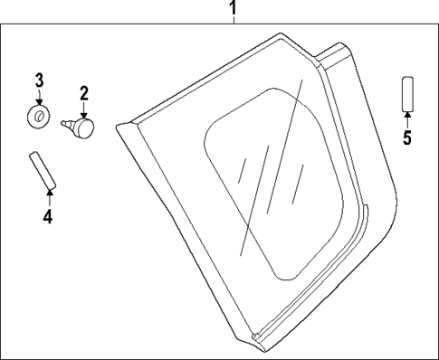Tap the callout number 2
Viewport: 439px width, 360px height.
(x=83, y=92)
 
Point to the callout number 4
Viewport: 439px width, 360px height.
(x=48, y=216)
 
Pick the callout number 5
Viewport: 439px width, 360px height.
(x=407, y=138)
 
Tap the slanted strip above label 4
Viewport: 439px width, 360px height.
(x=42, y=170)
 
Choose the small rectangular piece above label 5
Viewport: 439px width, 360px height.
(x=407, y=94)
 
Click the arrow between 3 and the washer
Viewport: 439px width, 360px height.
(x=39, y=99)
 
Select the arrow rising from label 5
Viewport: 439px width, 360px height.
(x=407, y=120)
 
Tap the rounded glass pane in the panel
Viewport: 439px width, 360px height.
(x=272, y=181)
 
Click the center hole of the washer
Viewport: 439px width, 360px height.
(x=39, y=116)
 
